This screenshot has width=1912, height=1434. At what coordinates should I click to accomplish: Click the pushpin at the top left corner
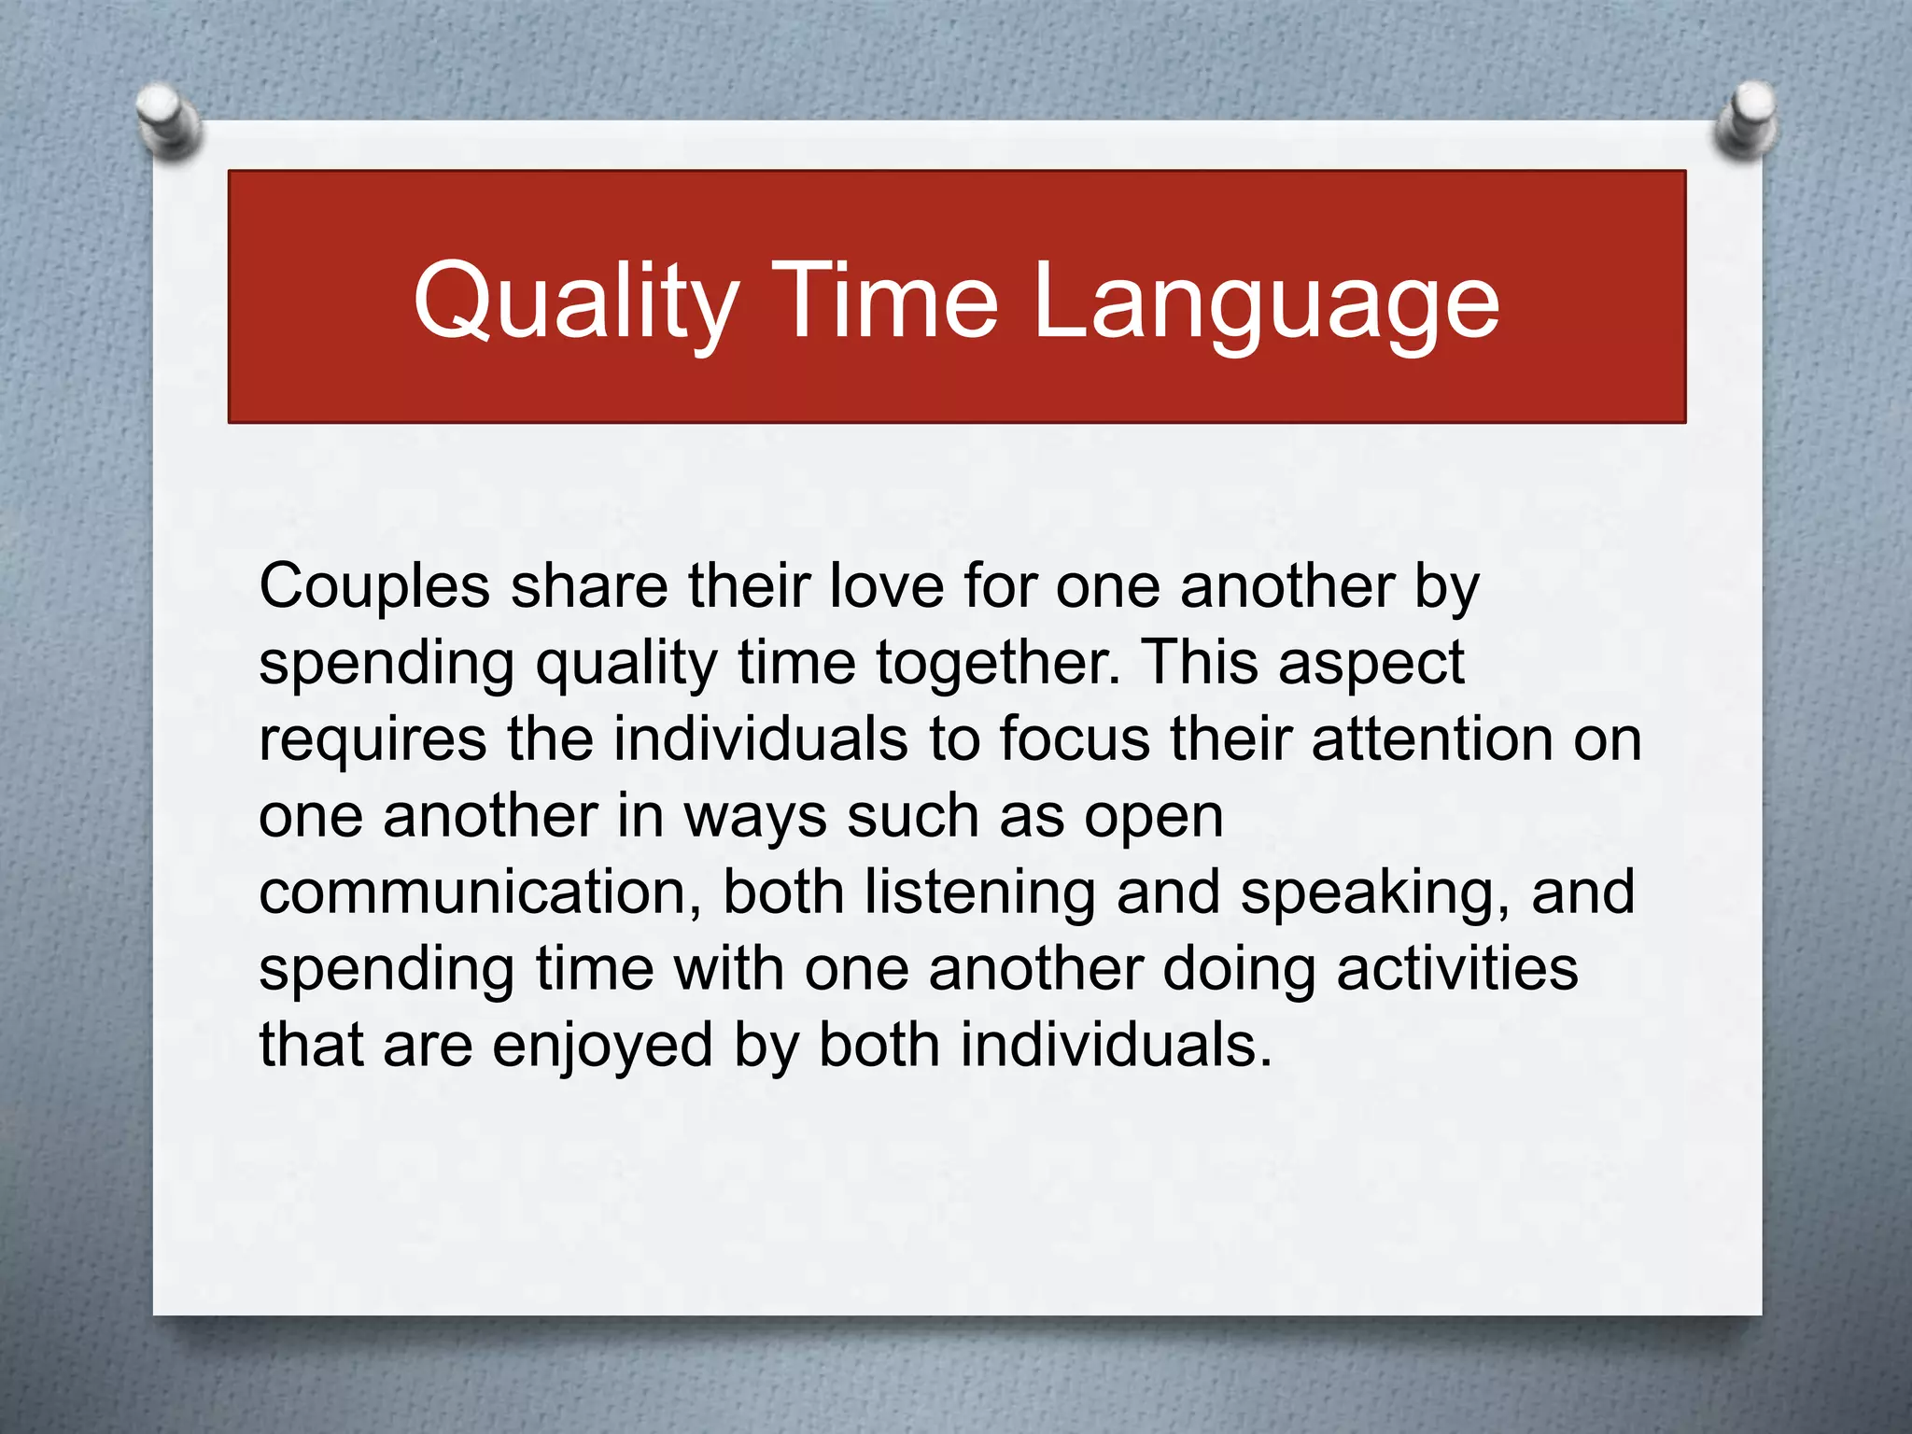coord(167,120)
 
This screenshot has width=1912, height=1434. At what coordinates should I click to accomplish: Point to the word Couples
coord(374,589)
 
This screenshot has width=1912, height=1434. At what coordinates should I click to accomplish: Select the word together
coord(997,665)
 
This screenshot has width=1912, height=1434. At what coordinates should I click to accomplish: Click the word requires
coord(373,741)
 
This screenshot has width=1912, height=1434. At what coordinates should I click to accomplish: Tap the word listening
coord(979,894)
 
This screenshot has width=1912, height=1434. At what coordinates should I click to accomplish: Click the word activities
coord(1456,969)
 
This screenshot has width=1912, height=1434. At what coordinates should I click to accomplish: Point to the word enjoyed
coord(602,1047)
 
